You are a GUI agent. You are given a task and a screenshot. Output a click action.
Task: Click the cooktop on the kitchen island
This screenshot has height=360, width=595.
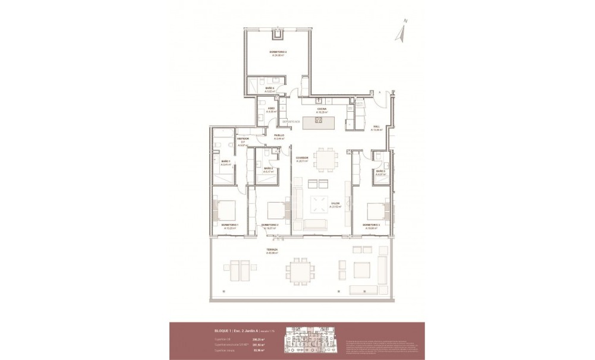pos(318,122)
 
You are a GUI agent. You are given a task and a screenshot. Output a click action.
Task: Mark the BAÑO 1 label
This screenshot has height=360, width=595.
pos(226,163)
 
